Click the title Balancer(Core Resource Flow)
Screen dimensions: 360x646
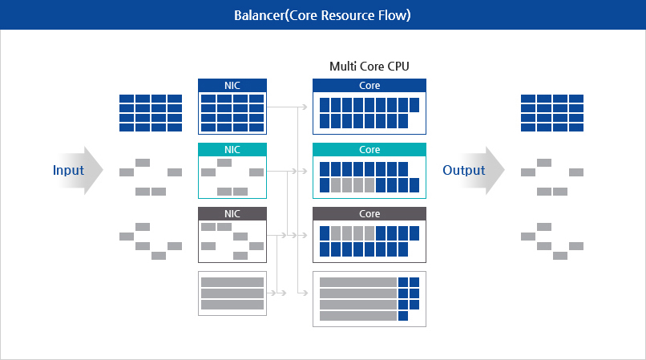(x=323, y=15)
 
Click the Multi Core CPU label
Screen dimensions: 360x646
(x=369, y=66)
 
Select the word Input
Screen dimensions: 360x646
(x=68, y=170)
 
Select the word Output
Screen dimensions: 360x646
(x=464, y=170)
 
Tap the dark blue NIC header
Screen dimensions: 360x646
(x=232, y=85)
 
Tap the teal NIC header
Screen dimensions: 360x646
(x=232, y=150)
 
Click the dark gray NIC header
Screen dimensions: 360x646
(x=232, y=214)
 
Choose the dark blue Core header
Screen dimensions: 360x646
(x=369, y=85)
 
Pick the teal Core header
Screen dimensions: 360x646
(x=369, y=150)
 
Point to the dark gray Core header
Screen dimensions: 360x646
(x=369, y=214)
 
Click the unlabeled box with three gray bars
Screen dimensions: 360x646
(x=232, y=293)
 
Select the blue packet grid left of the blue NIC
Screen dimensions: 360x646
(x=151, y=112)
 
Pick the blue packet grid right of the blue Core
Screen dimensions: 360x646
(x=551, y=112)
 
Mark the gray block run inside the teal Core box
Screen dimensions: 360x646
(x=353, y=185)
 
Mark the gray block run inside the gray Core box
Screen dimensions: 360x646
(x=353, y=233)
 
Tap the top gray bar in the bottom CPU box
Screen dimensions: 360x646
(x=358, y=282)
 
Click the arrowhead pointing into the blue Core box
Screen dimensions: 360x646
(x=307, y=106)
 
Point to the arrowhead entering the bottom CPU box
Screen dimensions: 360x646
(x=307, y=293)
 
